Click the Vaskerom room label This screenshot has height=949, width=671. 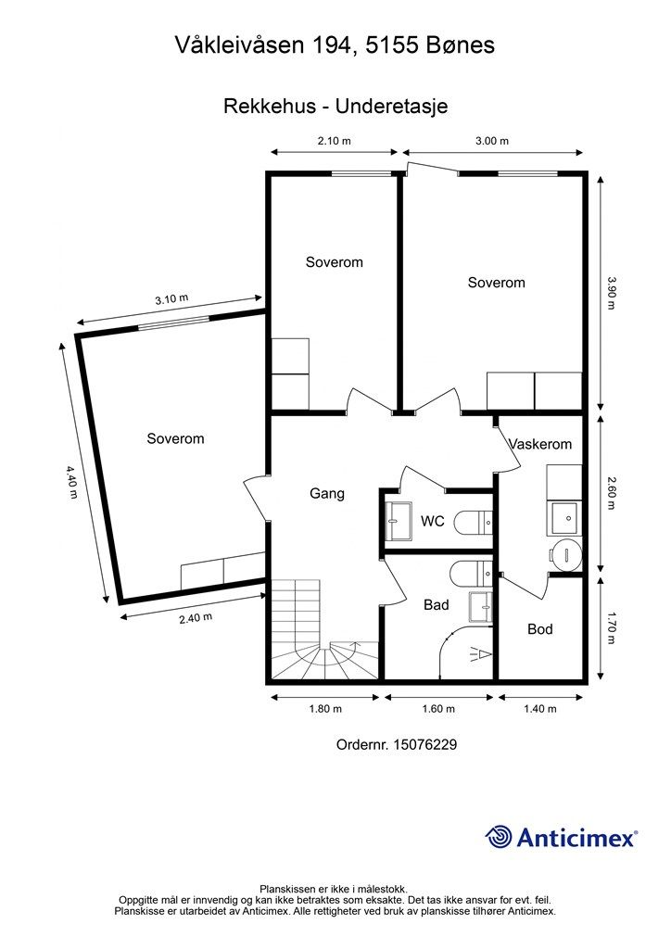(540, 444)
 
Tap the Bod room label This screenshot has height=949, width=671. (540, 629)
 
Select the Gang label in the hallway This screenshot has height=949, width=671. (327, 494)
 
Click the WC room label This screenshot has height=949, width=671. (433, 521)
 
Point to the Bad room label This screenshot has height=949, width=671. (437, 604)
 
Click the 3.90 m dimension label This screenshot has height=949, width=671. (611, 293)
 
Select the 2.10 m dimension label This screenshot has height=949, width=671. (335, 141)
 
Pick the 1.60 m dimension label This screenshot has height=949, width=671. (438, 709)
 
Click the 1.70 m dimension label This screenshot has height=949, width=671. (611, 628)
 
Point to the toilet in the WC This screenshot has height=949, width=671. (474, 523)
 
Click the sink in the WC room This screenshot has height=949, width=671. (399, 521)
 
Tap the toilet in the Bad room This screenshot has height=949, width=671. (472, 574)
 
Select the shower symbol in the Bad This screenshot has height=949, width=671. (481, 654)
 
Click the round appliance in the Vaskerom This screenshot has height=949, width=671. (566, 554)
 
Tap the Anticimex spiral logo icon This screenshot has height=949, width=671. (499, 837)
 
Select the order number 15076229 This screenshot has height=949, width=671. (424, 744)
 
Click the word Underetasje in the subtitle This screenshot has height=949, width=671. (391, 106)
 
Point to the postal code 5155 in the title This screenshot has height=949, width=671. (389, 44)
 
